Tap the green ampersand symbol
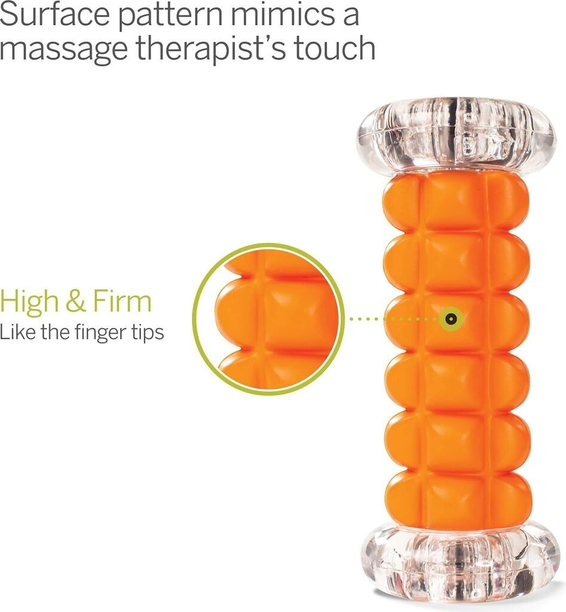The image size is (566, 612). tap(76, 301)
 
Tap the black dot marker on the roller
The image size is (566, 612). tap(451, 319)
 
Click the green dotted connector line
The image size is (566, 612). tap(394, 319)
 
